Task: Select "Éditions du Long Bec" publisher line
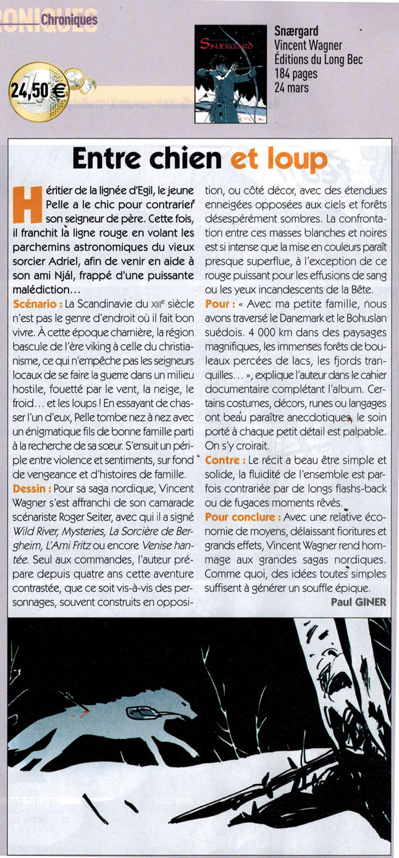[x=318, y=60]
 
